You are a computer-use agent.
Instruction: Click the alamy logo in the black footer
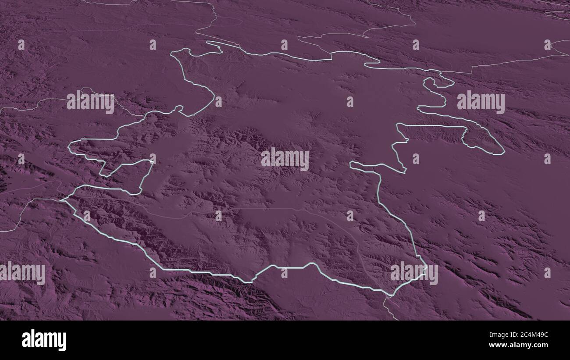click(44, 340)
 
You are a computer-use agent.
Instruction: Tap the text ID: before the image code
click(501, 335)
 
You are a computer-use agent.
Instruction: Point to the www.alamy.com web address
click(517, 346)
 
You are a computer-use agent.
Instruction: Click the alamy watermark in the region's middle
click(285, 159)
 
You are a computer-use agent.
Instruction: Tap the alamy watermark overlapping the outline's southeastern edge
click(414, 273)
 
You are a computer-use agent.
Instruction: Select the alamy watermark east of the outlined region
click(481, 102)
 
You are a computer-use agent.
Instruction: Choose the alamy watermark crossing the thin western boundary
click(90, 101)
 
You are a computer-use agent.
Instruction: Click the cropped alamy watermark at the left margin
click(22, 273)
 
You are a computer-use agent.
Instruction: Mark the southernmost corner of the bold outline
click(388, 294)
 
